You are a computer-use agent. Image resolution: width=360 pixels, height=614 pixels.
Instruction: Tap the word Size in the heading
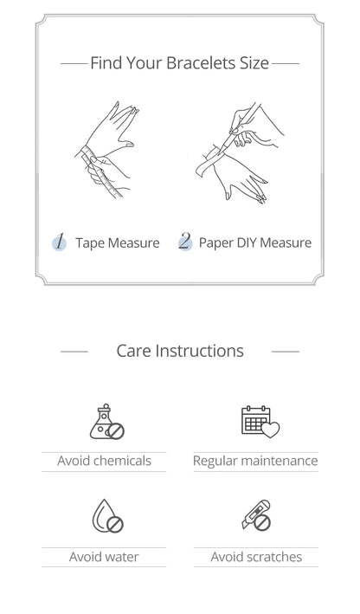click(254, 63)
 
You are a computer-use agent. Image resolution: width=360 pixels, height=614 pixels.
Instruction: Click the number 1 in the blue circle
click(59, 242)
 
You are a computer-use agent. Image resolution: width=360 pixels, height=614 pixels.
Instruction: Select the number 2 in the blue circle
click(185, 242)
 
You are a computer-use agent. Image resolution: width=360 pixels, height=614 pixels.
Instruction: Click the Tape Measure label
click(118, 243)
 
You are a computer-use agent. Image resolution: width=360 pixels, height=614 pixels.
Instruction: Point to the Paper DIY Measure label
click(255, 242)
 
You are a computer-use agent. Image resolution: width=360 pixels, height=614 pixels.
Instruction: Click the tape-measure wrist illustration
click(106, 150)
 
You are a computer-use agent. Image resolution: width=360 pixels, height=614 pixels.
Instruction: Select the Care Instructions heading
click(180, 351)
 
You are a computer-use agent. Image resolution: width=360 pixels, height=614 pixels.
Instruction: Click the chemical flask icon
click(106, 422)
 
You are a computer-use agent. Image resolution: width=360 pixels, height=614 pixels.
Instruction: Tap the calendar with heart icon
click(260, 422)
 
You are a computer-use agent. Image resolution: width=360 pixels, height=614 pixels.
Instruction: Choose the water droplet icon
click(107, 516)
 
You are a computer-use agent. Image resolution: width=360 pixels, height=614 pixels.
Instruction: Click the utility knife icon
click(256, 516)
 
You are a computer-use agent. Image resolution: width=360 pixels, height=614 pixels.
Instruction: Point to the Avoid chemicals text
click(104, 461)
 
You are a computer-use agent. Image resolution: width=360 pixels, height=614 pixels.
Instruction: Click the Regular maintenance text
click(255, 461)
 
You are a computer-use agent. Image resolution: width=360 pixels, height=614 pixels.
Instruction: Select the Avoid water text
click(104, 557)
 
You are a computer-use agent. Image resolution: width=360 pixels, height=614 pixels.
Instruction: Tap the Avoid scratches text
click(256, 557)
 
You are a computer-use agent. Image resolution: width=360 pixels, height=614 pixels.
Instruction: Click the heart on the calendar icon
click(270, 430)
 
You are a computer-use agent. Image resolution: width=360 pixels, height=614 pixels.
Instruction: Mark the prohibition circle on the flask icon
click(115, 431)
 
